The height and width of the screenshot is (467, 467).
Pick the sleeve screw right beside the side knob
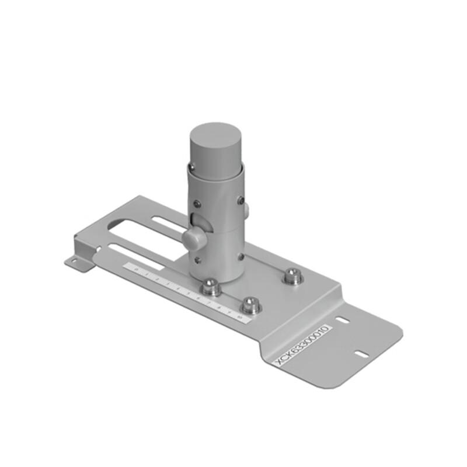pos(240,200)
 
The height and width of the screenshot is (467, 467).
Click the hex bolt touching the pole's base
pos(210,285)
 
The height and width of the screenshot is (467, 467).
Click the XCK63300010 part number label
pos(303,345)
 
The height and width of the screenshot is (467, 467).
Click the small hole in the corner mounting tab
pos(74,261)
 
